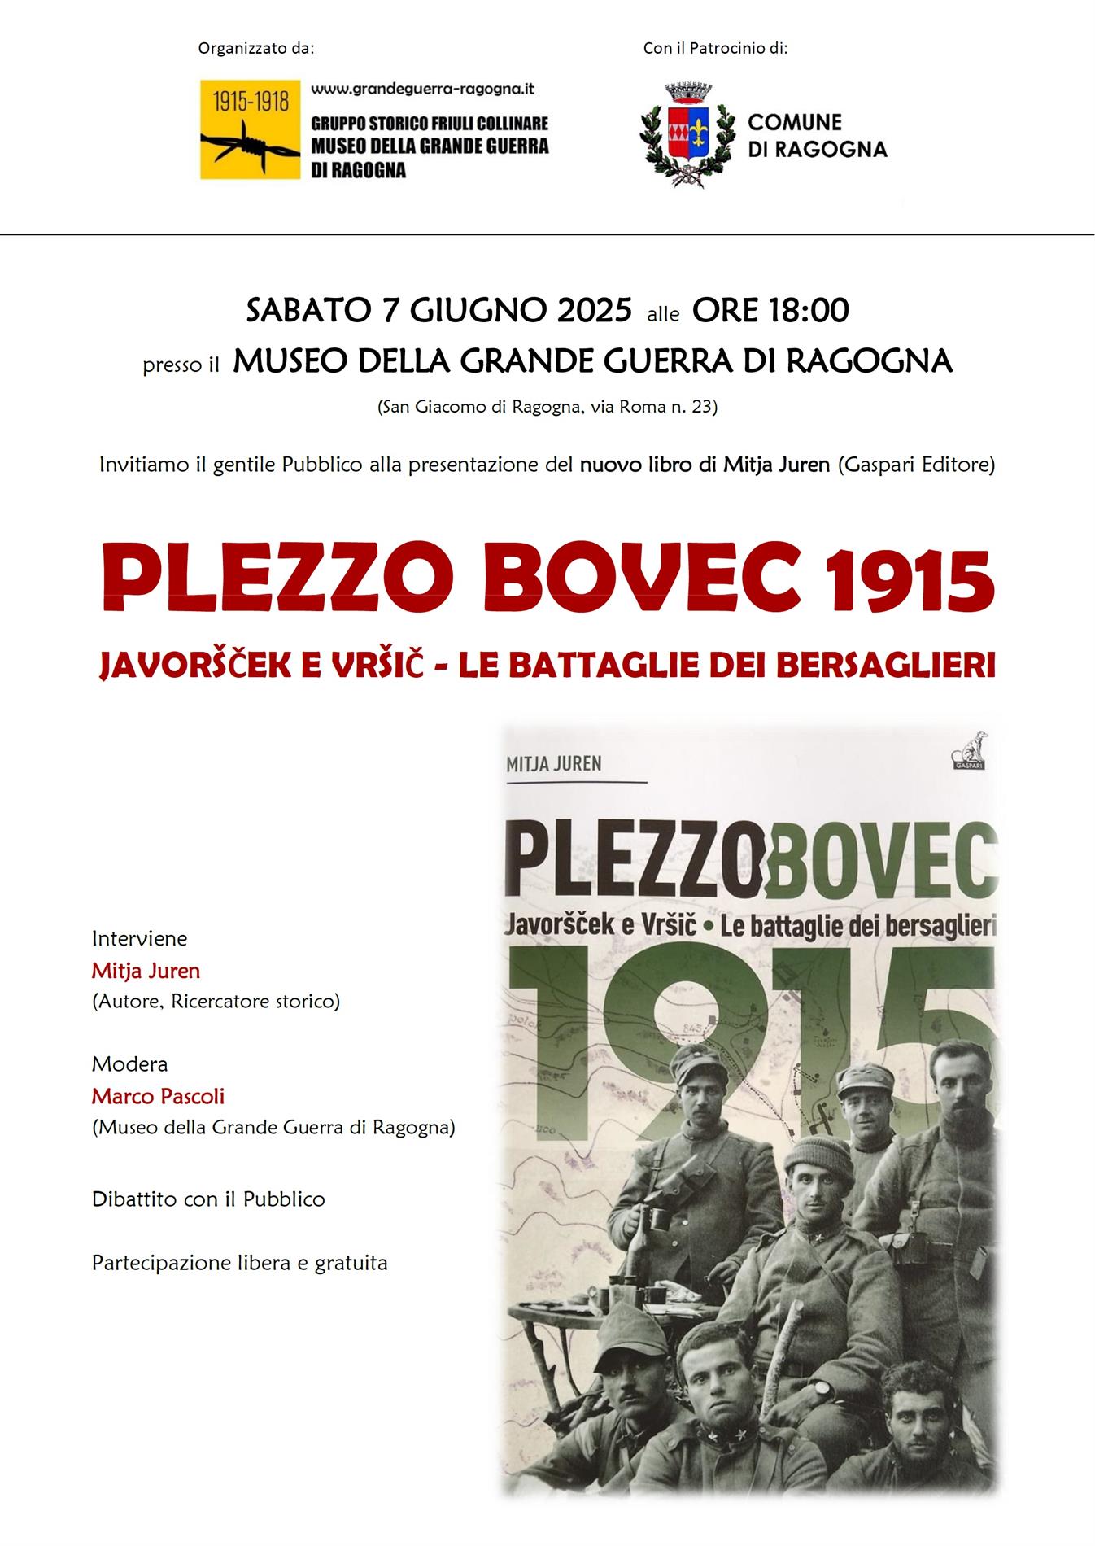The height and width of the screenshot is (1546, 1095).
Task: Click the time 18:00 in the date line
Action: coord(806,310)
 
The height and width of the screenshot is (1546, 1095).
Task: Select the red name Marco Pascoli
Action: coord(158,1096)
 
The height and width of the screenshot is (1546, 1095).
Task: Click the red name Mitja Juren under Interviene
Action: coord(146,971)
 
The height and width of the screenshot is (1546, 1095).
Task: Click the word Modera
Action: coord(129,1063)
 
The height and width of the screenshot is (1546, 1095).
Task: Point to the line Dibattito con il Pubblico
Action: coord(208,1199)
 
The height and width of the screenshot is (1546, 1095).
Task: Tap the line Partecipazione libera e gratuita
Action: coord(239,1263)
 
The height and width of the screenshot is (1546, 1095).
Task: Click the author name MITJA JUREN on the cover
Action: coord(554,763)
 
